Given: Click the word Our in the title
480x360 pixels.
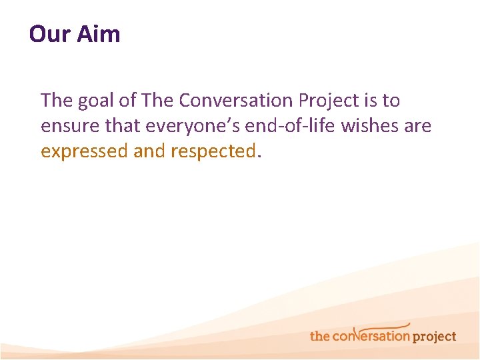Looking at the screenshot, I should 48,33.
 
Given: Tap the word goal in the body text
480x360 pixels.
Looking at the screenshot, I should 92,101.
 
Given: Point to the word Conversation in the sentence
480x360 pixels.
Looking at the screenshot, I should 236,101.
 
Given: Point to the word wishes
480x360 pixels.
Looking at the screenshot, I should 378,126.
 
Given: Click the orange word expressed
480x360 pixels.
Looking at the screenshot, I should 84,151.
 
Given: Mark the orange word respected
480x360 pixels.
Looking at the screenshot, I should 213,151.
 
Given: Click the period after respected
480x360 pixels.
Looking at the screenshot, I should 259,155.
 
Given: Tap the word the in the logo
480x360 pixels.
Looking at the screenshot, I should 320,336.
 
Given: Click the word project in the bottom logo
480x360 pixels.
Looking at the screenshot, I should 434,337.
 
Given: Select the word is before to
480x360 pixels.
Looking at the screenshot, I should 371,101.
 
